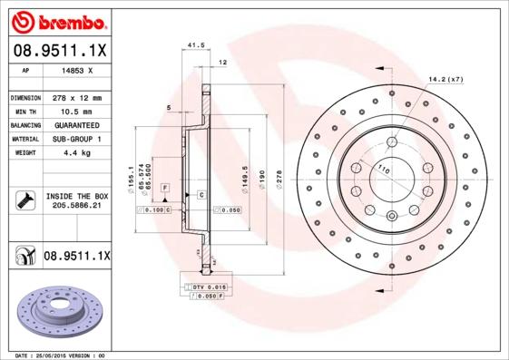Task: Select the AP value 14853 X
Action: tap(76, 71)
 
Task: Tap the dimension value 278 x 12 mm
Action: tap(76, 97)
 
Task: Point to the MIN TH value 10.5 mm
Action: tap(76, 111)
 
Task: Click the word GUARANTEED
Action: tap(76, 124)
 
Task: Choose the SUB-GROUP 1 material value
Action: tap(76, 139)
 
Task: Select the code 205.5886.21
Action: tap(76, 207)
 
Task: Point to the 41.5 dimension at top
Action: tap(192, 44)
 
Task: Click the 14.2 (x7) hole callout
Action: tap(445, 80)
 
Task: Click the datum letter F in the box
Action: tap(165, 187)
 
